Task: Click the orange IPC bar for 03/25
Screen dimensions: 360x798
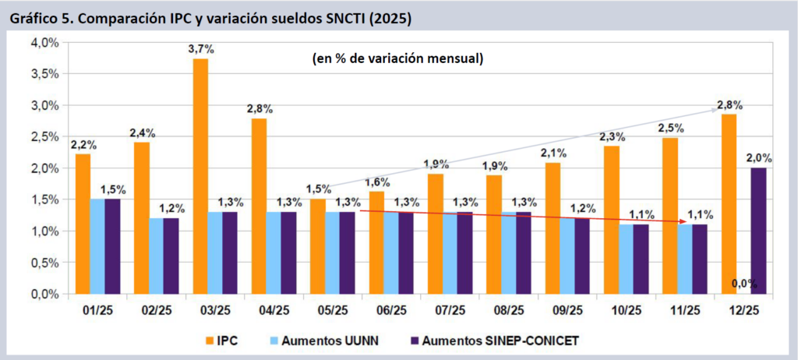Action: (201, 176)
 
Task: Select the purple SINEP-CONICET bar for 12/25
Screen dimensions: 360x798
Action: (758, 231)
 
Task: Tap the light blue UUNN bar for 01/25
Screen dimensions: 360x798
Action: (97, 246)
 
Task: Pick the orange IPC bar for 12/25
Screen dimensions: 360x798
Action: (729, 204)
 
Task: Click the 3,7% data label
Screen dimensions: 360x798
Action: (201, 49)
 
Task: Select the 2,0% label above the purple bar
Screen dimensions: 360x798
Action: (758, 158)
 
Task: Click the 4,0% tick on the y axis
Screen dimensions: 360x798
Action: (44, 42)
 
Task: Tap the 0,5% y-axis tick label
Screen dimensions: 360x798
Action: (44, 263)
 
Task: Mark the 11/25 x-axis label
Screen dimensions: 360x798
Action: (685, 310)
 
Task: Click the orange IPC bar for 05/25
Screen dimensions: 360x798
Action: (319, 246)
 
